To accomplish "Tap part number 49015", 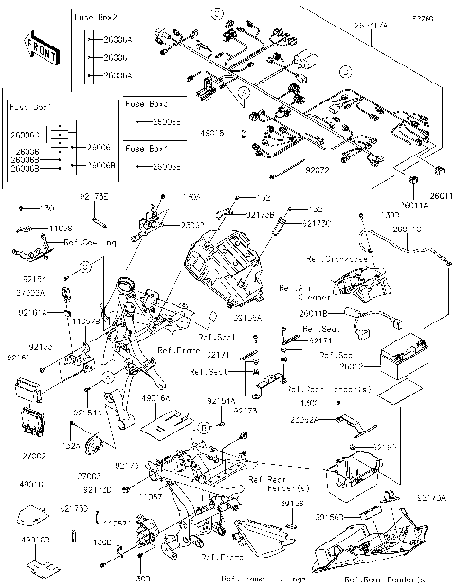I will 214,134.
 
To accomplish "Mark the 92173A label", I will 430,497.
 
